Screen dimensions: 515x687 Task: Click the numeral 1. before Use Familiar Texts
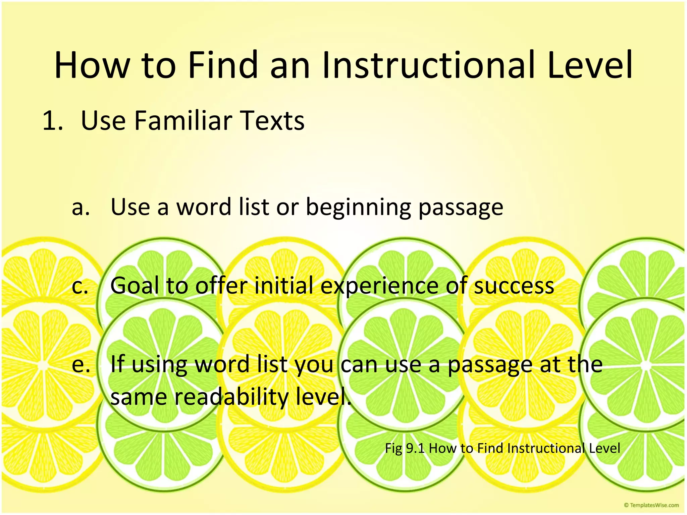[53, 121]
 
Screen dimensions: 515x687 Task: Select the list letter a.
[81, 207]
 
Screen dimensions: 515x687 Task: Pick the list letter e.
[81, 365]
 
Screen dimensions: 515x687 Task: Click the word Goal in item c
[135, 286]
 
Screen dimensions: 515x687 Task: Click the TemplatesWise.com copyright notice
[651, 505]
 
